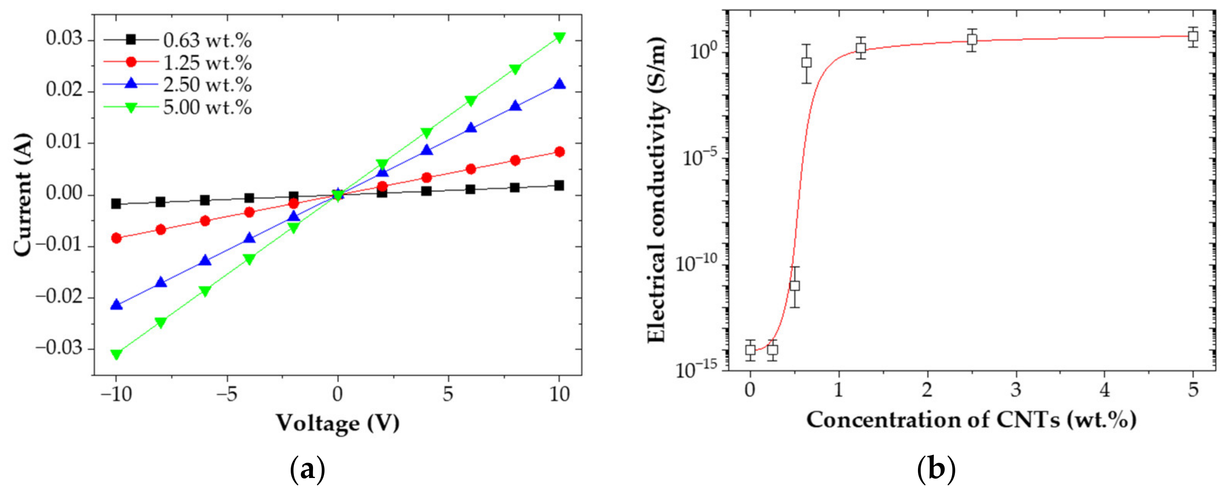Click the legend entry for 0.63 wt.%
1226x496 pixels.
coord(207,40)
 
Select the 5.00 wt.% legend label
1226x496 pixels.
coord(207,107)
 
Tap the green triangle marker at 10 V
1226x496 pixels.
coord(560,38)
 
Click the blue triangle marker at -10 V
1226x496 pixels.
coord(116,304)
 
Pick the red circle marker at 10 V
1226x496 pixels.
coord(560,152)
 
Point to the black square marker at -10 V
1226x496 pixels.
coord(116,204)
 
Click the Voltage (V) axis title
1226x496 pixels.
coord(338,423)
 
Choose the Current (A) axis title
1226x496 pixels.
coord(22,195)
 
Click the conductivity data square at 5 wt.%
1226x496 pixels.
coord(1193,36)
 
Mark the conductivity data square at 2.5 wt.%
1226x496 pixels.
coord(972,40)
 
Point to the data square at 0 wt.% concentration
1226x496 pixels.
coord(751,350)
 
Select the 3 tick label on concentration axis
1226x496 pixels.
coord(1016,391)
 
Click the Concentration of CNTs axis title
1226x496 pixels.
coord(971,419)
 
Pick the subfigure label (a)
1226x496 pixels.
coord(307,470)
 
